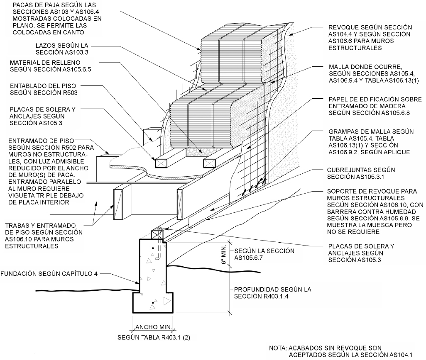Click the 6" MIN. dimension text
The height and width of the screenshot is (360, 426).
(x=224, y=255)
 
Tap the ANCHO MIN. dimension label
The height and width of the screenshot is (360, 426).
(x=154, y=327)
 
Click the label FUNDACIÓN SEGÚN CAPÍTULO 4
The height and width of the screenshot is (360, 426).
(x=49, y=273)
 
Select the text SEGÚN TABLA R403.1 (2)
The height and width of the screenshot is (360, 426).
(x=154, y=338)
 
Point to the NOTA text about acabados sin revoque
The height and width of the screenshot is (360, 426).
(x=341, y=351)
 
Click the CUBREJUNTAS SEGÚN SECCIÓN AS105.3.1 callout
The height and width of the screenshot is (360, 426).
(x=361, y=173)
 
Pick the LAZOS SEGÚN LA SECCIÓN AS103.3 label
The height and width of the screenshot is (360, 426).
(x=62, y=49)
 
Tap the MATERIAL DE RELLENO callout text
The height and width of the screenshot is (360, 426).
(x=51, y=66)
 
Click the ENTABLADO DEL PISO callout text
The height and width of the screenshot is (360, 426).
(x=44, y=89)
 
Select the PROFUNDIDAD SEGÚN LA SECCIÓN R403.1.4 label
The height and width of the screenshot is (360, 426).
(x=272, y=293)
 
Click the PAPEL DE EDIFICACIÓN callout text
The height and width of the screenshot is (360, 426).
(x=375, y=106)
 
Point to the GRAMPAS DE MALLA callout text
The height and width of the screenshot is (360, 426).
(x=371, y=142)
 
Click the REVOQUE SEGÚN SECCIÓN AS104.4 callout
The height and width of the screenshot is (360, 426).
(x=370, y=37)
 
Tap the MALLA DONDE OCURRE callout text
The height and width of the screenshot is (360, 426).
(x=374, y=73)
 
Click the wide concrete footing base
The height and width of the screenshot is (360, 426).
(x=153, y=303)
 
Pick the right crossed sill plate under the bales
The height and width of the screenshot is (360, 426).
(x=209, y=163)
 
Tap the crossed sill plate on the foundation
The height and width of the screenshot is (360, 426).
(x=157, y=234)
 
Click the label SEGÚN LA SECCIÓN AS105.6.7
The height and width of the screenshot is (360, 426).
(x=264, y=254)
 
